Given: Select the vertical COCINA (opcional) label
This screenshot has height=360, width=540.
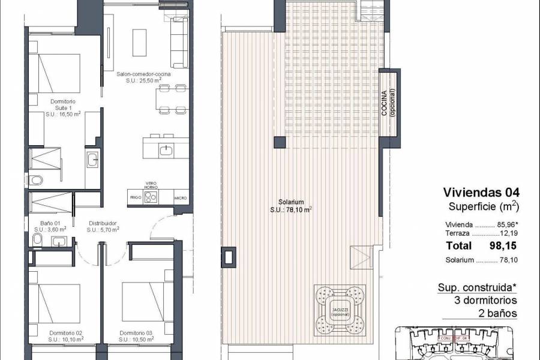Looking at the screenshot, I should [388, 104].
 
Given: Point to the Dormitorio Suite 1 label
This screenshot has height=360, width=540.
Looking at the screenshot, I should [58, 109].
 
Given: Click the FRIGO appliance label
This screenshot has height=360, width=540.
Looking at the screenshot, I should [135, 197].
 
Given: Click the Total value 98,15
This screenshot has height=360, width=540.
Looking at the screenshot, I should [503, 245].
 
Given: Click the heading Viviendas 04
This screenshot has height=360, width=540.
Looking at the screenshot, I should [480, 193].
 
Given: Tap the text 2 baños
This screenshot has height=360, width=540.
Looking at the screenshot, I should [497, 313].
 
